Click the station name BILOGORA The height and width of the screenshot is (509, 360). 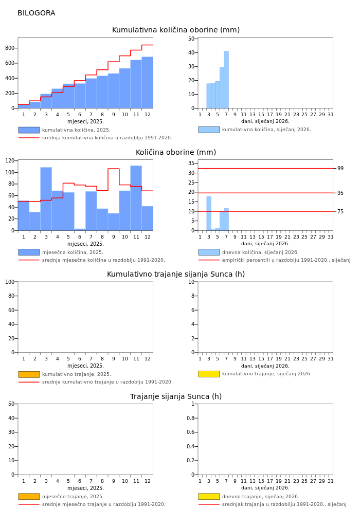[x=36, y=13]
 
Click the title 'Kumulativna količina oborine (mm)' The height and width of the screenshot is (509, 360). [x=176, y=30]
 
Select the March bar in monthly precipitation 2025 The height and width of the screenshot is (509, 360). [x=46, y=198]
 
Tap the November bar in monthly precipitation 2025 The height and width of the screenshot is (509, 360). [x=136, y=198]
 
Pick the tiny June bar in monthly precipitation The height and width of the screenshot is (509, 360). [x=80, y=229]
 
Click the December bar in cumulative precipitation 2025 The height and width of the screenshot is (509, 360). [x=147, y=82]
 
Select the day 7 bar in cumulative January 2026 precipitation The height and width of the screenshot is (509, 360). [x=226, y=80]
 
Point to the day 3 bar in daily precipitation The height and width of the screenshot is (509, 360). [x=209, y=213]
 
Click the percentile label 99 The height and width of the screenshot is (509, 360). [x=340, y=169]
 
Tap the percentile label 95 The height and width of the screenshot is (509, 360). [x=340, y=193]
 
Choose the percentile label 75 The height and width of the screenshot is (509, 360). [x=340, y=211]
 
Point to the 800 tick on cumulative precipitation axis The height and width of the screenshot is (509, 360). [x=9, y=48]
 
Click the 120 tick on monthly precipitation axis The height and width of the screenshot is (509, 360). [x=8, y=161]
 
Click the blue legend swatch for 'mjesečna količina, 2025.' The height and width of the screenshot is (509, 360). [x=29, y=252]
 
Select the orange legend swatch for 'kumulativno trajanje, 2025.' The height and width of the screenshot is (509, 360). [x=29, y=374]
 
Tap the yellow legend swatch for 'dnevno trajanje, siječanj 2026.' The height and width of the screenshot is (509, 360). [x=209, y=497]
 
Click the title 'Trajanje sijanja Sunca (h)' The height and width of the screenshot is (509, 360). [x=176, y=397]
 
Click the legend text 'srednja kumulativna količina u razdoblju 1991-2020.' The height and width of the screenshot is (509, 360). [x=107, y=138]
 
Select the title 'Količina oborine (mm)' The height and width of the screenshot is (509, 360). [x=176, y=153]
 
